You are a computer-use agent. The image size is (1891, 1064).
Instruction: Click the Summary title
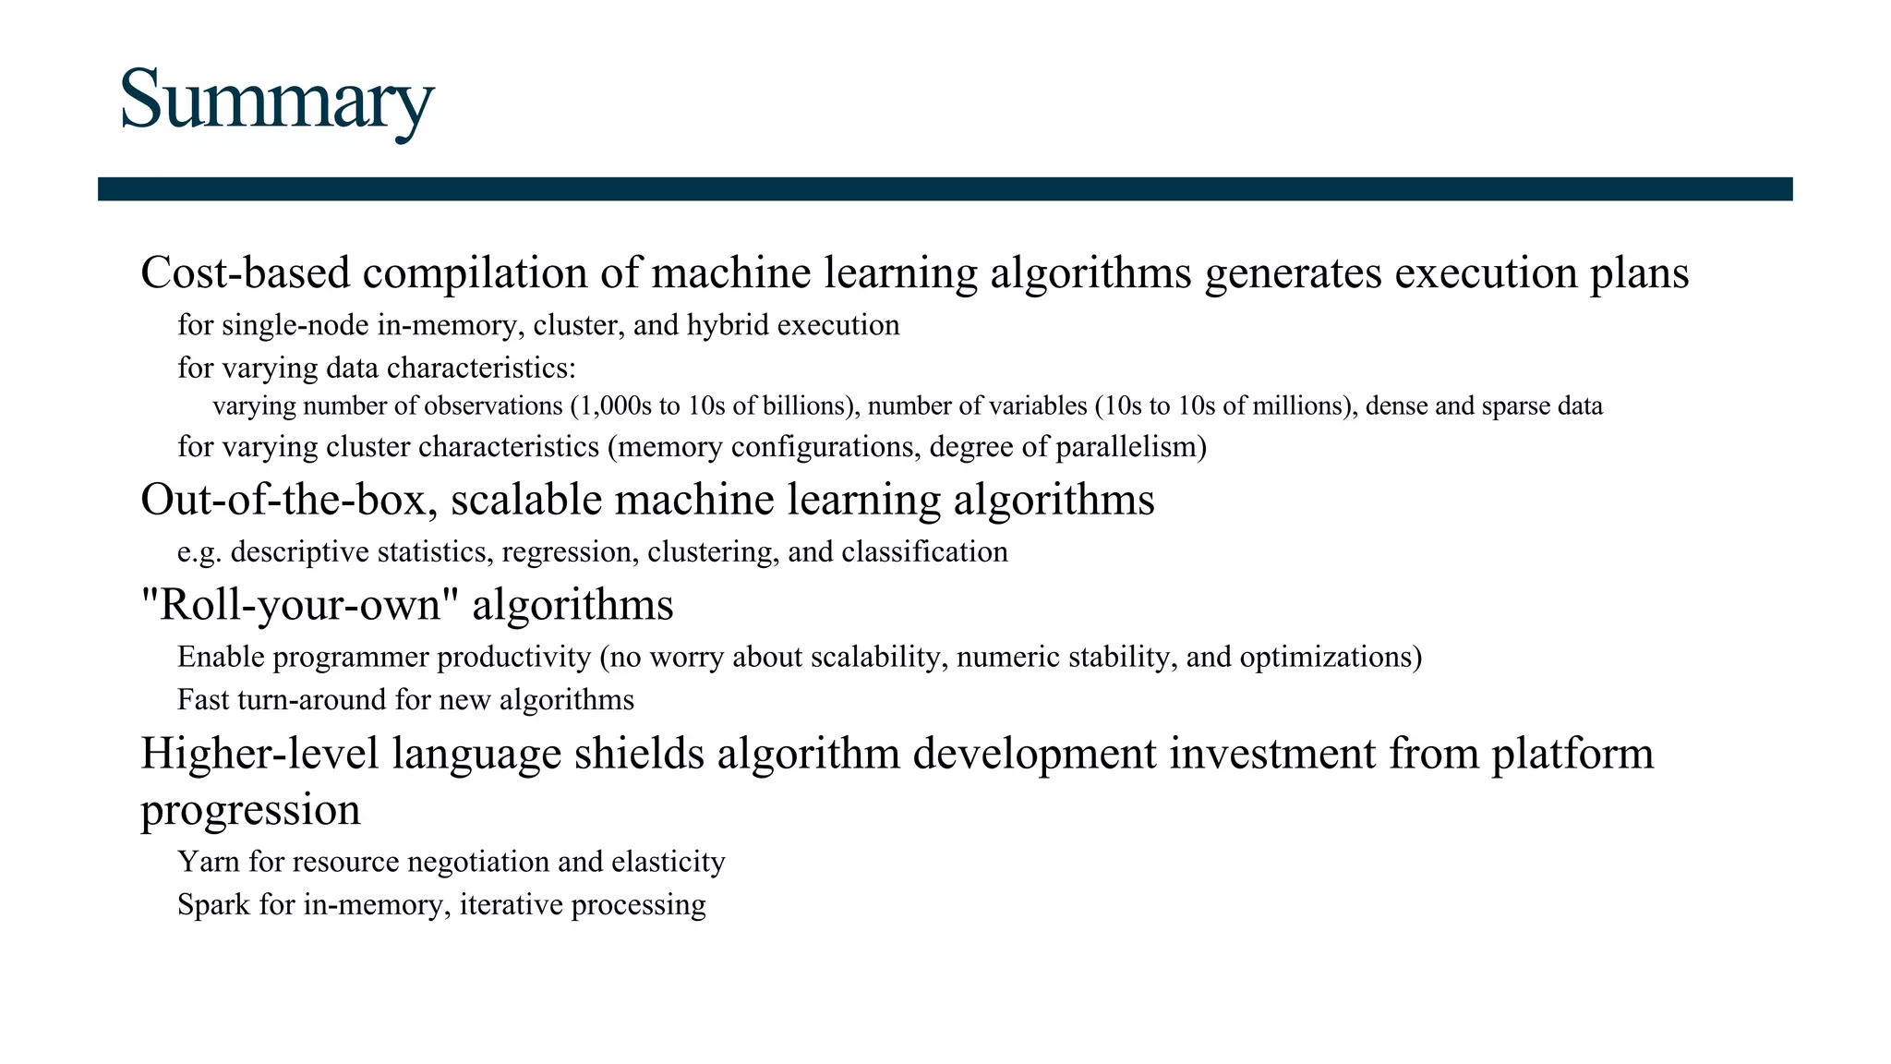pyautogui.click(x=276, y=100)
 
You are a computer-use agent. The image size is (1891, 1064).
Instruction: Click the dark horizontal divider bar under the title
pyautogui.click(x=945, y=188)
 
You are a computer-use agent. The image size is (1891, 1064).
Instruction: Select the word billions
pyautogui.click(x=806, y=406)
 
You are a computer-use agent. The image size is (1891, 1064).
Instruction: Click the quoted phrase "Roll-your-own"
pyautogui.click(x=300, y=606)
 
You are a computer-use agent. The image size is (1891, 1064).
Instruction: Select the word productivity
pyautogui.click(x=513, y=658)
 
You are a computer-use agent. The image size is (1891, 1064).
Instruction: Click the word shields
pyautogui.click(x=639, y=754)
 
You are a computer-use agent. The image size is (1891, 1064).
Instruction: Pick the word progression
pyautogui.click(x=250, y=811)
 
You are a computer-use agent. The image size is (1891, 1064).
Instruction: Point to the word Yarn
pyautogui.click(x=208, y=862)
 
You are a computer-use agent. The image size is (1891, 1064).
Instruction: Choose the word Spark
pyautogui.click(x=213, y=904)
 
